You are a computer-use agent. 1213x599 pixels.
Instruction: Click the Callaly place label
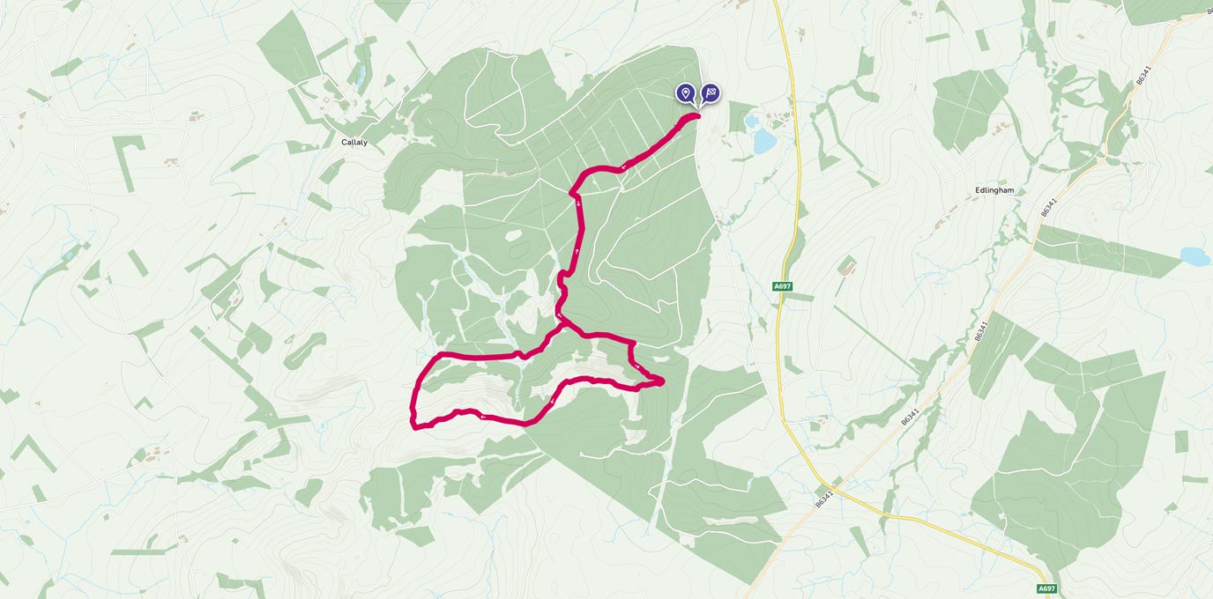[354, 142]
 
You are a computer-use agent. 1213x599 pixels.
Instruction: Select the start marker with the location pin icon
[686, 92]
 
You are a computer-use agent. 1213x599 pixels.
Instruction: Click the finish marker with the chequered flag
[711, 92]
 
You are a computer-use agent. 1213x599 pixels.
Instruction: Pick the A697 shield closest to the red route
[781, 286]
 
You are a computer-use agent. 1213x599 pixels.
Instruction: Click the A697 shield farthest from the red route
[1046, 588]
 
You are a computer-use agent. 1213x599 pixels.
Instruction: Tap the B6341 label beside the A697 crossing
[823, 499]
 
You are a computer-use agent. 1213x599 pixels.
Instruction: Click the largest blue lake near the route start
[763, 140]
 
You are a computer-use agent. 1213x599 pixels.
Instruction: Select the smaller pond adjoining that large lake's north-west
[750, 122]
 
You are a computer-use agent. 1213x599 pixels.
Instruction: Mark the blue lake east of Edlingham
[1195, 256]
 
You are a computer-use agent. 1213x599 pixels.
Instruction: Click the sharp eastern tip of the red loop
[661, 381]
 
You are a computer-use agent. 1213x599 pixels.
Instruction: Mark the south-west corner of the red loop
[414, 427]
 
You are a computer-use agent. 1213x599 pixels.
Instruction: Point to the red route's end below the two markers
[697, 115]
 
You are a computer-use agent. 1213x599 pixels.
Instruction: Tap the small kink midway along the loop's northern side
[522, 354]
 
